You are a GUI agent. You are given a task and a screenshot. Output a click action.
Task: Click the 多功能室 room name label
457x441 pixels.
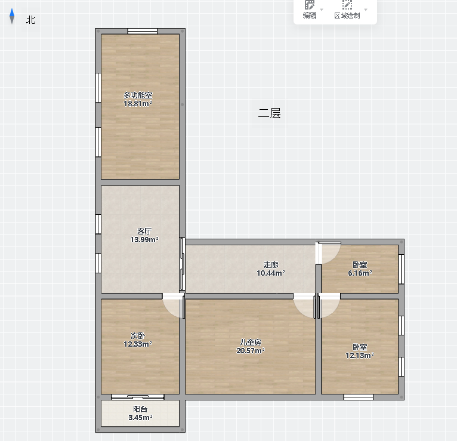138,95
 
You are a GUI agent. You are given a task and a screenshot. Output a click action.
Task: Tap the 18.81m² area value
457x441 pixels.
138,104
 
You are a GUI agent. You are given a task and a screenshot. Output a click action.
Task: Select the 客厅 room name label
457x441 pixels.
144,232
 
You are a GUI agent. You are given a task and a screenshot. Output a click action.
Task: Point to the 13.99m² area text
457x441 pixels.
144,239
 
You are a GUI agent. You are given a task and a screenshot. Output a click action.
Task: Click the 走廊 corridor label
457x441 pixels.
271,264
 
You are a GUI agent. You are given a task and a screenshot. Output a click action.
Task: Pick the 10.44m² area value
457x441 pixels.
271,273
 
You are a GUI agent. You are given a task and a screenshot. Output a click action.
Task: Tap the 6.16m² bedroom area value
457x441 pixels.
360,273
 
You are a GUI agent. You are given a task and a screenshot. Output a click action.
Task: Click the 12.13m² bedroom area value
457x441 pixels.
360,356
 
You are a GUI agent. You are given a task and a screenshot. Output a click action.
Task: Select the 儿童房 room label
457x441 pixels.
251,342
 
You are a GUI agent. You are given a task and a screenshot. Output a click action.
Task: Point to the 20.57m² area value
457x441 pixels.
251,351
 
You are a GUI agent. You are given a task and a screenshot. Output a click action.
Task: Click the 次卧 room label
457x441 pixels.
138,336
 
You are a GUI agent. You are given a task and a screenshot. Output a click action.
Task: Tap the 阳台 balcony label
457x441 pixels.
140,409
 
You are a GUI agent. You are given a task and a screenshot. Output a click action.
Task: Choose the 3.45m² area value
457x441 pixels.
140,417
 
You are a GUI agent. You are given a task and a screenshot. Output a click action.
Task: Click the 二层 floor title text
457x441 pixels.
270,113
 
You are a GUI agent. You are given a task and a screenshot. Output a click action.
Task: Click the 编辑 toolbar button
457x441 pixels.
310,10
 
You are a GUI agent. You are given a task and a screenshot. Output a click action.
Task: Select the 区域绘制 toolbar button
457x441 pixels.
347,10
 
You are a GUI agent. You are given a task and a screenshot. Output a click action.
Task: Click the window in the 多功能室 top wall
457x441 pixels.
143,31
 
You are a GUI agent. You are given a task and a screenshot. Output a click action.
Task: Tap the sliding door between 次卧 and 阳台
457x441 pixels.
138,397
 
